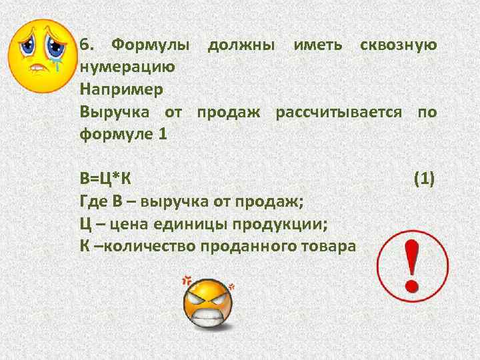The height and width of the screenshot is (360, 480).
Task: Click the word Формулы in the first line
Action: (x=151, y=45)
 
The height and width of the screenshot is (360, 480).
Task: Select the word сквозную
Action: (x=398, y=45)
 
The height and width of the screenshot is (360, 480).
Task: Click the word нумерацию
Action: (x=127, y=67)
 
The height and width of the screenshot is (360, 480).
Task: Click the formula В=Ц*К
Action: (x=105, y=178)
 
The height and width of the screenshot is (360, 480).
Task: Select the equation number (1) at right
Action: (x=425, y=178)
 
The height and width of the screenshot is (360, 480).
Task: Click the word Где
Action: (x=91, y=200)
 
